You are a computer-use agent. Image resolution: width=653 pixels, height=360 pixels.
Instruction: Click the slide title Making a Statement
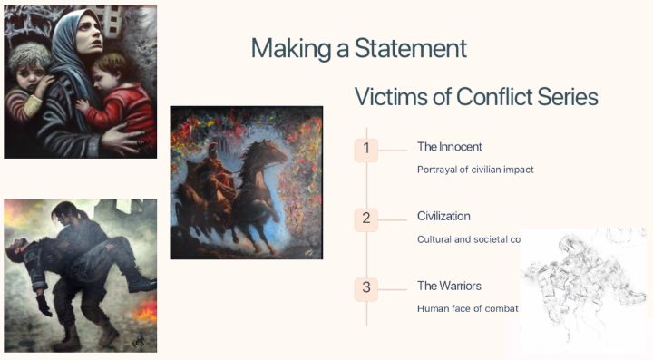click(358, 48)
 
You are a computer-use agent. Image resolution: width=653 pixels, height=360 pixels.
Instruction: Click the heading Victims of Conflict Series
click(476, 97)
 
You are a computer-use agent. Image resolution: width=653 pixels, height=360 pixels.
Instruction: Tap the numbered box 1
click(365, 149)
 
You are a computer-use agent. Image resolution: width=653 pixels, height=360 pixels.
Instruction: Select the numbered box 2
click(365, 219)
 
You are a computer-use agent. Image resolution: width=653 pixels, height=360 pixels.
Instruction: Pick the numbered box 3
click(365, 287)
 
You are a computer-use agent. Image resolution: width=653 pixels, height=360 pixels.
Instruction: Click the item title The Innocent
click(449, 146)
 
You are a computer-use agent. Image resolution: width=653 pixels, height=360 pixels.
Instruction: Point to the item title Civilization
click(443, 216)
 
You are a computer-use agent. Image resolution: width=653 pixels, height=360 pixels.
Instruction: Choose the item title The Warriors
click(449, 286)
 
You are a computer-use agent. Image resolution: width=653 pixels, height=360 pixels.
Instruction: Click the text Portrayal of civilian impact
click(474, 169)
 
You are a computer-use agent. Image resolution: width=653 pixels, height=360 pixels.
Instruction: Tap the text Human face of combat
click(467, 308)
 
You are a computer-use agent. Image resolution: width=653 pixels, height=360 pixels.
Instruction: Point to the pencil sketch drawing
click(580, 286)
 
